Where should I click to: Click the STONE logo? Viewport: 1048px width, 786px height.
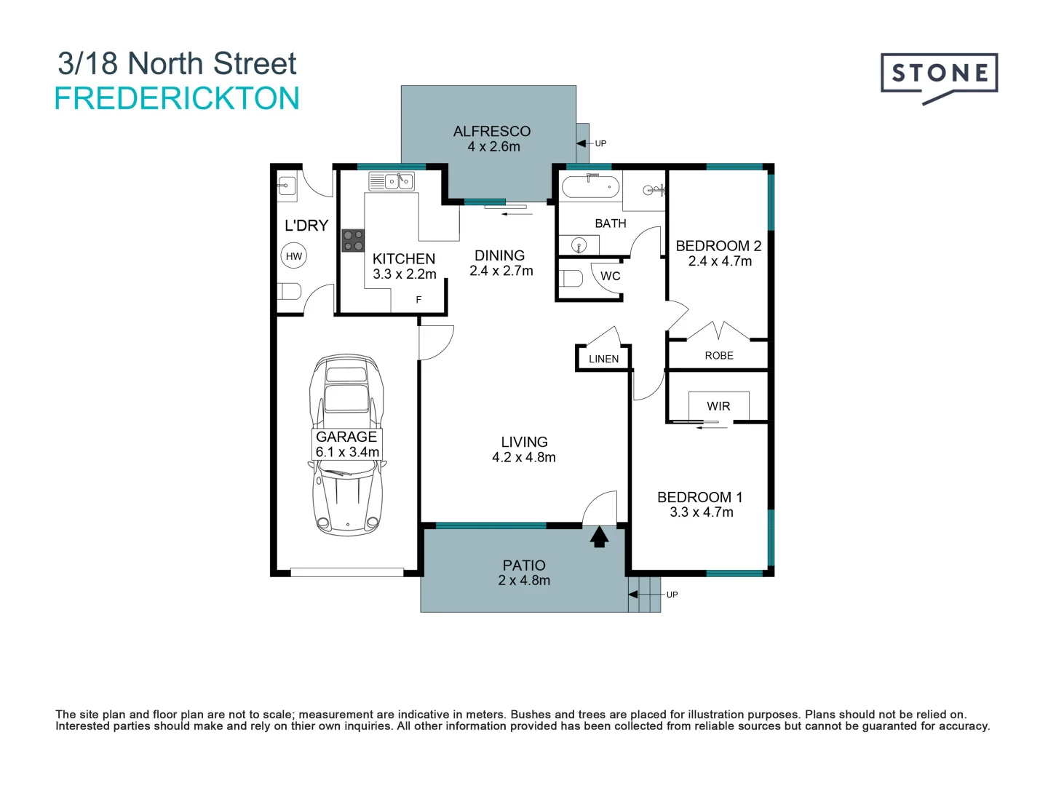(939, 74)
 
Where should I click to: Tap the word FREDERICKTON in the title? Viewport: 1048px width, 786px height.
(177, 98)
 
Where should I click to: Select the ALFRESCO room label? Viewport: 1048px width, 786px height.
(492, 131)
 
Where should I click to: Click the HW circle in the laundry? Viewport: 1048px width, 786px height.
(294, 255)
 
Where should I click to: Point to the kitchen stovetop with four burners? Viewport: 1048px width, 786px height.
(353, 241)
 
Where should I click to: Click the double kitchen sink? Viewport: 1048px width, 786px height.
(392, 181)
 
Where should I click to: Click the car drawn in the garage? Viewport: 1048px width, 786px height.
(346, 445)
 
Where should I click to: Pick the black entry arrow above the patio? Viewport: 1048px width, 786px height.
(599, 536)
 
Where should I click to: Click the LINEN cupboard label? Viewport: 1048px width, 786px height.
(603, 359)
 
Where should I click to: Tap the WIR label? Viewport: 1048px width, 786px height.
(718, 406)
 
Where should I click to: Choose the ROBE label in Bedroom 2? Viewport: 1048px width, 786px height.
(719, 355)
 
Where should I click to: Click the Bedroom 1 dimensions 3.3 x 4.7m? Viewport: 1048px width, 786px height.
(702, 512)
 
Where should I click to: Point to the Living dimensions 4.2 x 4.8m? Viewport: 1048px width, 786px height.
(524, 457)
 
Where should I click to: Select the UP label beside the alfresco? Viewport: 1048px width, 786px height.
(600, 143)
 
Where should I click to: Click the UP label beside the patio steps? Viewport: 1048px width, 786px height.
(672, 595)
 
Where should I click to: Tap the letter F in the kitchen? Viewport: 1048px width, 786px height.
(418, 299)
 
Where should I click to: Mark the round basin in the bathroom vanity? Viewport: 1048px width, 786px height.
(579, 245)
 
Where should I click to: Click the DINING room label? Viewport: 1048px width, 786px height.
(499, 255)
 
